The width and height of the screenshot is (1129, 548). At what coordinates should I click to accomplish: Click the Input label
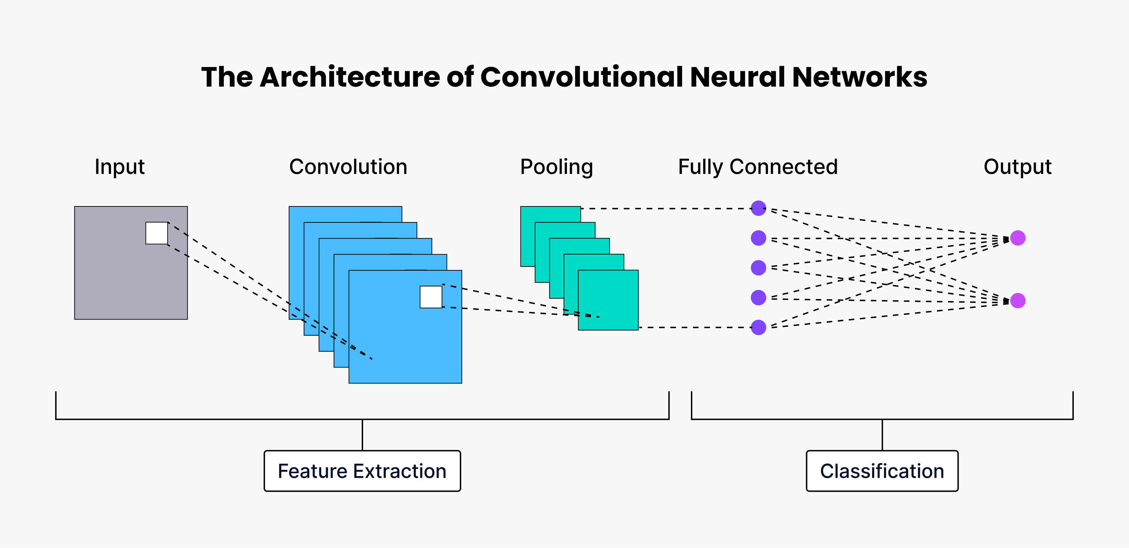(120, 167)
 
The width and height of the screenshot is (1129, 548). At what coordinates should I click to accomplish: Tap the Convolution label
(348, 167)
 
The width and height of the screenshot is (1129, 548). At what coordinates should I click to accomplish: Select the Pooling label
(556, 167)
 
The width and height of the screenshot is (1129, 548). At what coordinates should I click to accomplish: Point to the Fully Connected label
(758, 167)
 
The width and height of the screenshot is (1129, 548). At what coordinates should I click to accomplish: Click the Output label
(1017, 167)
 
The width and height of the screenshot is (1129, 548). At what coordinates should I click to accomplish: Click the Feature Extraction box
(362, 471)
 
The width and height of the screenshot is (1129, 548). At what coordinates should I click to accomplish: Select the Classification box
(882, 471)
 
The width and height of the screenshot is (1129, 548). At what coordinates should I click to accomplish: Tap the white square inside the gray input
(156, 233)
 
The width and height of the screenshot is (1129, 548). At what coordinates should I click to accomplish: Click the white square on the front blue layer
(431, 297)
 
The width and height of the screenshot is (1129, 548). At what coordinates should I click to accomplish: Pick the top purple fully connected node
(758, 208)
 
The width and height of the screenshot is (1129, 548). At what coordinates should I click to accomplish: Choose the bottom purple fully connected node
(758, 327)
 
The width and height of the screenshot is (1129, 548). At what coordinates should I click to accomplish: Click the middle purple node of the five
(758, 268)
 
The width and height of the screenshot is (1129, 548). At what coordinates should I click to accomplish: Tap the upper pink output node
(1018, 238)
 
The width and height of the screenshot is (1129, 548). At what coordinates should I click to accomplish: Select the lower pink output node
(1018, 301)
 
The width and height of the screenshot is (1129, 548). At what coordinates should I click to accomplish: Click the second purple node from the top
(758, 238)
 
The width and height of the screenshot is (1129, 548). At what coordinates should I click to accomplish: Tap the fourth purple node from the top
(758, 298)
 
